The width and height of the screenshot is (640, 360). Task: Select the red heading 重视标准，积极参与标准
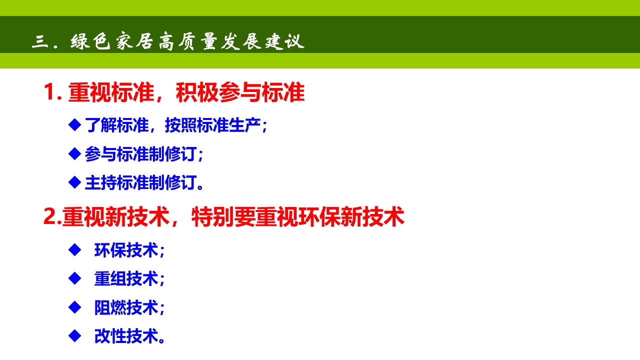point(186,93)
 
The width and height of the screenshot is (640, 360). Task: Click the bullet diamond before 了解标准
point(74,124)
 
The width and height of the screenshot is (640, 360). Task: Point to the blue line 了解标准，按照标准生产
point(176,125)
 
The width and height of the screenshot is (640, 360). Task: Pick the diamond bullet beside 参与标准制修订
point(74,153)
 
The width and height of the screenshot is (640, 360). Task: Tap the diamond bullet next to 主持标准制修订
point(74,182)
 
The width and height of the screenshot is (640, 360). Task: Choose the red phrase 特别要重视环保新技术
point(297,217)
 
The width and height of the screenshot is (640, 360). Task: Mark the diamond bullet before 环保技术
point(74,249)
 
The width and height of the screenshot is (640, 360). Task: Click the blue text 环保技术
point(126,250)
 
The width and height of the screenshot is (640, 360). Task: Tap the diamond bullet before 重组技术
point(74,278)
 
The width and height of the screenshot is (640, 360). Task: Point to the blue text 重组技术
point(126,278)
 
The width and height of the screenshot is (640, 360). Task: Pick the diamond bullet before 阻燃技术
point(74,306)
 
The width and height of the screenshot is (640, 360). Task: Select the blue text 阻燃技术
point(126,307)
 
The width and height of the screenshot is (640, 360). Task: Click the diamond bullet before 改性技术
point(74,335)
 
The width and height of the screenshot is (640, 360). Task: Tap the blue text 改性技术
point(126,336)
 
